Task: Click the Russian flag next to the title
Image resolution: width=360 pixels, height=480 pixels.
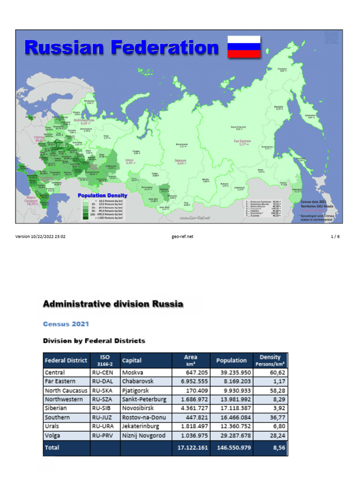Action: (244, 47)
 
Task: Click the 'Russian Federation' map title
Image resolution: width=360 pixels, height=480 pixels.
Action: (121, 47)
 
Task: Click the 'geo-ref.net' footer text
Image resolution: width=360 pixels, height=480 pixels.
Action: (183, 237)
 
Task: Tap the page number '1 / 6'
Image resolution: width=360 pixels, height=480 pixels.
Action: (335, 237)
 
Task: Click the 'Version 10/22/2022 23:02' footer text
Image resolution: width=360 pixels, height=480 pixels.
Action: (40, 237)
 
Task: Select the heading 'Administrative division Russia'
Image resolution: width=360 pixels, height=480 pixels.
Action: (113, 304)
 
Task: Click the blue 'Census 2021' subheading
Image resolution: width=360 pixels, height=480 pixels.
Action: (66, 324)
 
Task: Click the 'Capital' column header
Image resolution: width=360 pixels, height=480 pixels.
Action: (132, 360)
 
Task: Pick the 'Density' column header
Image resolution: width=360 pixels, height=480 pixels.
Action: (270, 357)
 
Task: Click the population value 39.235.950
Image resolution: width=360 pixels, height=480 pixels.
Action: (231, 373)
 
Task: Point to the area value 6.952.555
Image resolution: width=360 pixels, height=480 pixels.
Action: (192, 382)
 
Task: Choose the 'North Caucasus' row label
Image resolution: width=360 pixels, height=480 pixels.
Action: (66, 390)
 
